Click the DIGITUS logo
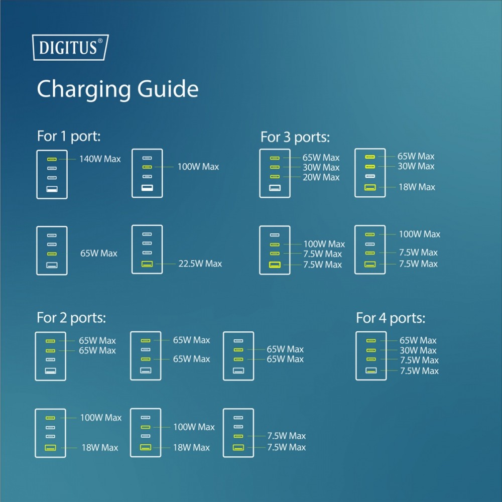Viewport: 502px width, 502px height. click(x=70, y=47)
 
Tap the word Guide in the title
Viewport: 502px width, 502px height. click(x=168, y=88)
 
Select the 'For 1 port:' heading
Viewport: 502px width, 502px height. click(x=69, y=137)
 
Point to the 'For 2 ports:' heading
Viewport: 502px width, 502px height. click(x=71, y=318)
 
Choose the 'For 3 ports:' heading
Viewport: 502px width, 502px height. click(x=295, y=138)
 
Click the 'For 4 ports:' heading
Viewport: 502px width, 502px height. click(x=391, y=318)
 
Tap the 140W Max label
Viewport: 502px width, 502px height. click(x=100, y=159)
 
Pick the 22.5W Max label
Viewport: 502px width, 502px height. click(x=200, y=264)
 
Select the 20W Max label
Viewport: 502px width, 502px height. click(x=321, y=177)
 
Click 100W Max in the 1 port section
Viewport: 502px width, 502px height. click(x=198, y=167)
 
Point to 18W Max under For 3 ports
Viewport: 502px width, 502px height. click(x=417, y=187)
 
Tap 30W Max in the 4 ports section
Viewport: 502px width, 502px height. click(x=418, y=350)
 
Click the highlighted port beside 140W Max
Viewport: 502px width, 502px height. click(x=52, y=159)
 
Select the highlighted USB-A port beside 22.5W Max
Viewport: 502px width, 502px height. click(x=147, y=264)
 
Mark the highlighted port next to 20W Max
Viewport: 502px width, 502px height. click(x=275, y=177)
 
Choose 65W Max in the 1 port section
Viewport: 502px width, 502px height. click(x=98, y=253)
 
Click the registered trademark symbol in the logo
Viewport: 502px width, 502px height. click(x=100, y=41)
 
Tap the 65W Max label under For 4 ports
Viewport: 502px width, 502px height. click(x=418, y=340)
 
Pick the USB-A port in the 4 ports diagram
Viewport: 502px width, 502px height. click(x=371, y=370)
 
